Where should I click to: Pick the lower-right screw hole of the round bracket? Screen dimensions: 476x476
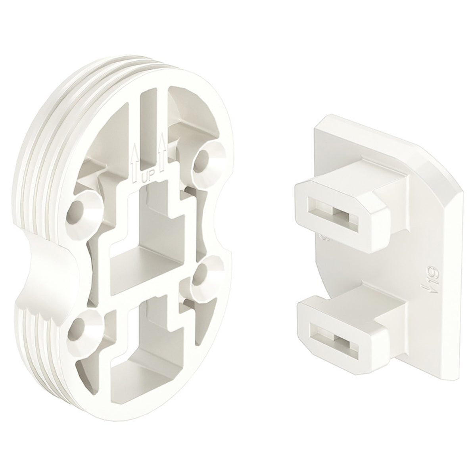pyautogui.click(x=201, y=275)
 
